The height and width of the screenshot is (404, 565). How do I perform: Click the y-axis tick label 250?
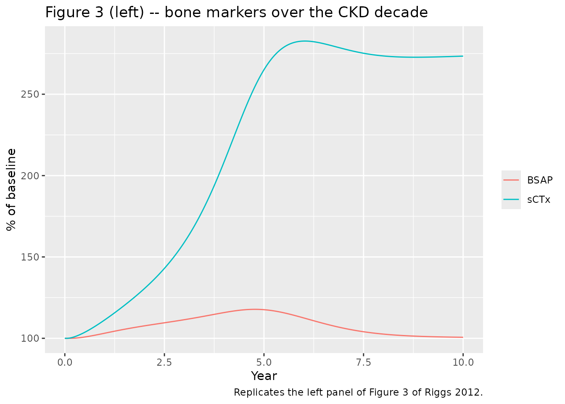click(x=30, y=94)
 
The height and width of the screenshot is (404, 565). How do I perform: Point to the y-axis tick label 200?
click(x=30, y=176)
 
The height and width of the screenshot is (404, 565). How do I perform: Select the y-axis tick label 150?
click(x=30, y=257)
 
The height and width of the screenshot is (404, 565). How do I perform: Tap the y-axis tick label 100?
click(x=30, y=338)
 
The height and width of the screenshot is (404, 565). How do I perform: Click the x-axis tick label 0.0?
click(x=65, y=363)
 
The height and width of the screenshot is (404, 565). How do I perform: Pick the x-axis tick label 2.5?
click(x=164, y=363)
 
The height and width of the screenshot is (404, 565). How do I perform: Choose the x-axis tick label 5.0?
click(x=264, y=363)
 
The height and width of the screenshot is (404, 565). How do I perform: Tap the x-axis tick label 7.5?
click(x=364, y=363)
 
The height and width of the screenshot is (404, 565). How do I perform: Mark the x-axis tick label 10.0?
click(x=463, y=363)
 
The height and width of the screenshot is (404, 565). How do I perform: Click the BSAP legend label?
click(x=540, y=180)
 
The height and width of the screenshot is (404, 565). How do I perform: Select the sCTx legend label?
click(x=539, y=200)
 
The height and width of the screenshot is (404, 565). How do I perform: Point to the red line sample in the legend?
click(x=511, y=180)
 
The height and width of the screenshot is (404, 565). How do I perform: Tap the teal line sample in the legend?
click(x=511, y=199)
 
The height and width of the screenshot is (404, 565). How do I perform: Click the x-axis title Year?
click(x=264, y=376)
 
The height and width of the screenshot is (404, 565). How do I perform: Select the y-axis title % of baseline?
click(x=11, y=190)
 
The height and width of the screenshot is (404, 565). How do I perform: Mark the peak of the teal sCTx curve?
click(x=305, y=41)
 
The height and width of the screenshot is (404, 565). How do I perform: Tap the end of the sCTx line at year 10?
click(x=462, y=56)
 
